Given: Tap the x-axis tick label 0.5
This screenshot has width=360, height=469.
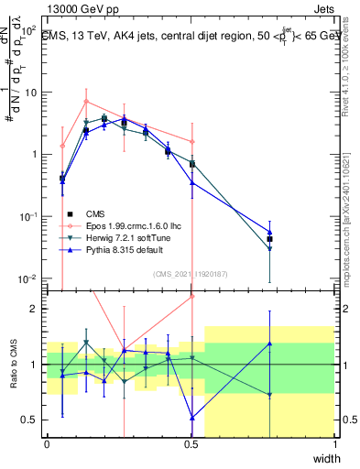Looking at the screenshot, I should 191,444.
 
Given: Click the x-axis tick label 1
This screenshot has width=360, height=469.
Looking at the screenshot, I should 335,444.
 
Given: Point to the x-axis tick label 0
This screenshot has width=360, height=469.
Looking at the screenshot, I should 47,444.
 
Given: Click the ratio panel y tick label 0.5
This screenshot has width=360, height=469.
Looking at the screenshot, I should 28,420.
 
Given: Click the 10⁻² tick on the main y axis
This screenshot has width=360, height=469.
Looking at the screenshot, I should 27,278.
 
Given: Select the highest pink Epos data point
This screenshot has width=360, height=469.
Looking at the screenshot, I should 86,101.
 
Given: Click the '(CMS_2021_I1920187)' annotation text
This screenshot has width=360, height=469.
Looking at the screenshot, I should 190,272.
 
